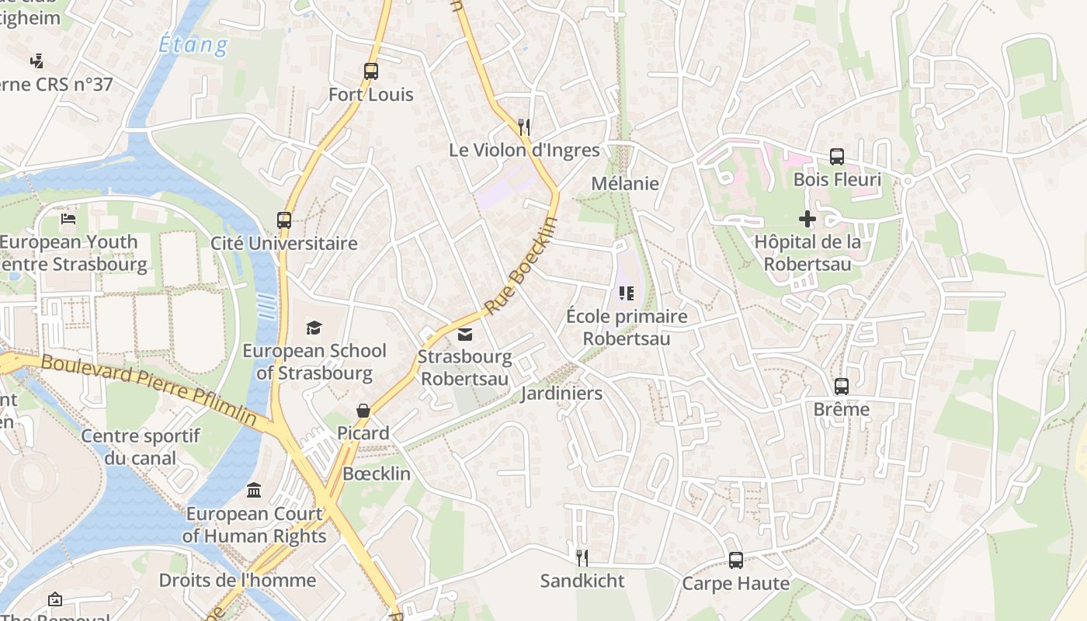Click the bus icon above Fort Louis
[371, 71]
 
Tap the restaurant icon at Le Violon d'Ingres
[524, 127]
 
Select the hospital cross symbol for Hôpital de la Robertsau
[807, 219]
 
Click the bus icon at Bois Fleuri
[836, 157]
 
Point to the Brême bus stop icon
[841, 386]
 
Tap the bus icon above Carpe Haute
[735, 560]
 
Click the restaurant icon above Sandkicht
[582, 557]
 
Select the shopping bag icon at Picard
[363, 410]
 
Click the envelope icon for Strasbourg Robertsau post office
[465, 335]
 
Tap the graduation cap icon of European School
[314, 328]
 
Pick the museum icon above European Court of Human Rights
[254, 490]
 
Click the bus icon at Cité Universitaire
[284, 220]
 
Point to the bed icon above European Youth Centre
[68, 219]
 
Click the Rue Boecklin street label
[521, 266]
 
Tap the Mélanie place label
[625, 184]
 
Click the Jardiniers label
[561, 394]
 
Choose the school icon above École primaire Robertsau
[627, 293]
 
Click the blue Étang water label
[193, 44]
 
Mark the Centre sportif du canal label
[141, 446]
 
